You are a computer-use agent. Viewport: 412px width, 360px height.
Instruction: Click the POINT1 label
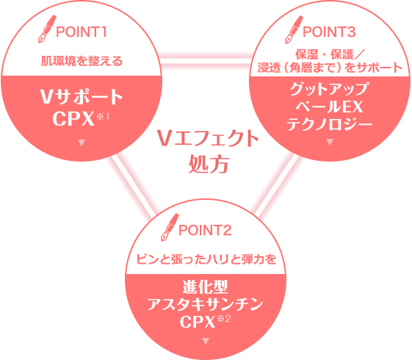[82, 32]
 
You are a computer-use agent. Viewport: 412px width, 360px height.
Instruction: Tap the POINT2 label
[205, 230]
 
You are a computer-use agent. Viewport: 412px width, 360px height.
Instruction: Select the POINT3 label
[329, 32]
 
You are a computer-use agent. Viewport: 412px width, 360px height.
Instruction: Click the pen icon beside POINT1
[47, 29]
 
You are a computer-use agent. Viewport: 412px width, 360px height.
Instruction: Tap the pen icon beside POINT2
[170, 227]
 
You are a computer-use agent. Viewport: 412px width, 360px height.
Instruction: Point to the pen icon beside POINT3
[294, 29]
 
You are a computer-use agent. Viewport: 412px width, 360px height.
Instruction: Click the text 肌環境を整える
[82, 61]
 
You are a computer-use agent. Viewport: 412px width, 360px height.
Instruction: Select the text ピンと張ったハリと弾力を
[206, 259]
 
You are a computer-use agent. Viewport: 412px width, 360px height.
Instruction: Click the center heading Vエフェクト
[208, 138]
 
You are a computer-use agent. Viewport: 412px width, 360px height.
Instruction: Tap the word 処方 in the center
[209, 164]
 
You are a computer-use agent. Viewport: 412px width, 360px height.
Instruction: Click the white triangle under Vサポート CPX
[82, 143]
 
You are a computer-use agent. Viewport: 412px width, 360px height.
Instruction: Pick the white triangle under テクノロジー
[330, 142]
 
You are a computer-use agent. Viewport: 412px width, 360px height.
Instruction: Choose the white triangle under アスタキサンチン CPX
[206, 342]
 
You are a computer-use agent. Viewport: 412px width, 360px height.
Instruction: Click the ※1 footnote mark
[103, 116]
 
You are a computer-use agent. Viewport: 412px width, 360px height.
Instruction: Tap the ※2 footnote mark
[224, 319]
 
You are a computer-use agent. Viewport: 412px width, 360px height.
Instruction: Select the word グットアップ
[330, 89]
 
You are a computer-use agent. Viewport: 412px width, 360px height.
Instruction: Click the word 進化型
[205, 287]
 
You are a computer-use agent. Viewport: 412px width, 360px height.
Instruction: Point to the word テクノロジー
[330, 124]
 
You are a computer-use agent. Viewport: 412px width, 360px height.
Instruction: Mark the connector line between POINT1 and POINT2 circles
[131, 186]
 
